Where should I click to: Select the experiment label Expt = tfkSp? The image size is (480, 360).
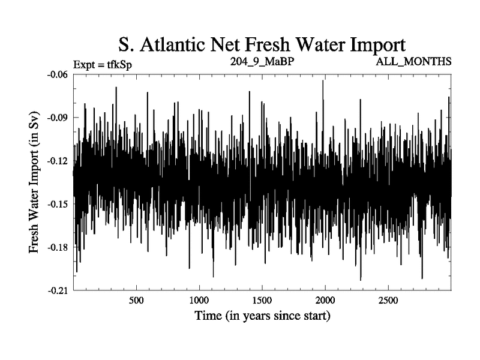click(x=101, y=64)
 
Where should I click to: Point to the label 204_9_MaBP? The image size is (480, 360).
click(x=262, y=61)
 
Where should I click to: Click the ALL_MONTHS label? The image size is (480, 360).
click(x=413, y=62)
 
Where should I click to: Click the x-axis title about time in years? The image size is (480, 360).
click(x=262, y=316)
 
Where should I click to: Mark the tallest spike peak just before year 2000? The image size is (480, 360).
click(x=323, y=81)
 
